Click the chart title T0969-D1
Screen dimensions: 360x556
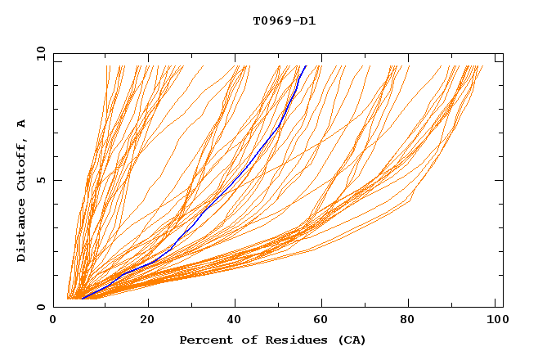pos(284,20)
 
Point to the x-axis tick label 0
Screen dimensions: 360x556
pos(54,321)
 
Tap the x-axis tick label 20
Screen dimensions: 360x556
pos(148,321)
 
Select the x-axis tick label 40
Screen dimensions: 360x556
pos(234,321)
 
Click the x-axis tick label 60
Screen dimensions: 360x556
pos(322,321)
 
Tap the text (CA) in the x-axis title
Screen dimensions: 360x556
pos(350,340)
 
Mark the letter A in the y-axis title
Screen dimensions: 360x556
pos(21,123)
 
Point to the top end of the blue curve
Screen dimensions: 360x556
pos(306,65)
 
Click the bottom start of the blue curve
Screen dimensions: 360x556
pos(82,299)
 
